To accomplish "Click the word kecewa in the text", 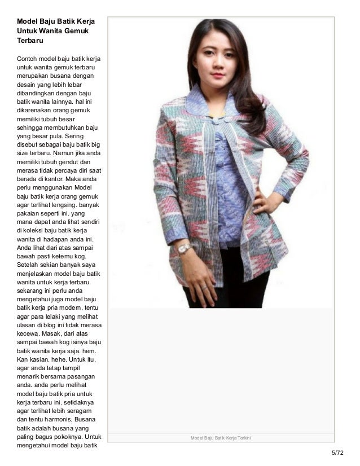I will [28, 333].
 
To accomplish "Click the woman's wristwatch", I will [185, 248].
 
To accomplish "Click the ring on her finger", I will [205, 287].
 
